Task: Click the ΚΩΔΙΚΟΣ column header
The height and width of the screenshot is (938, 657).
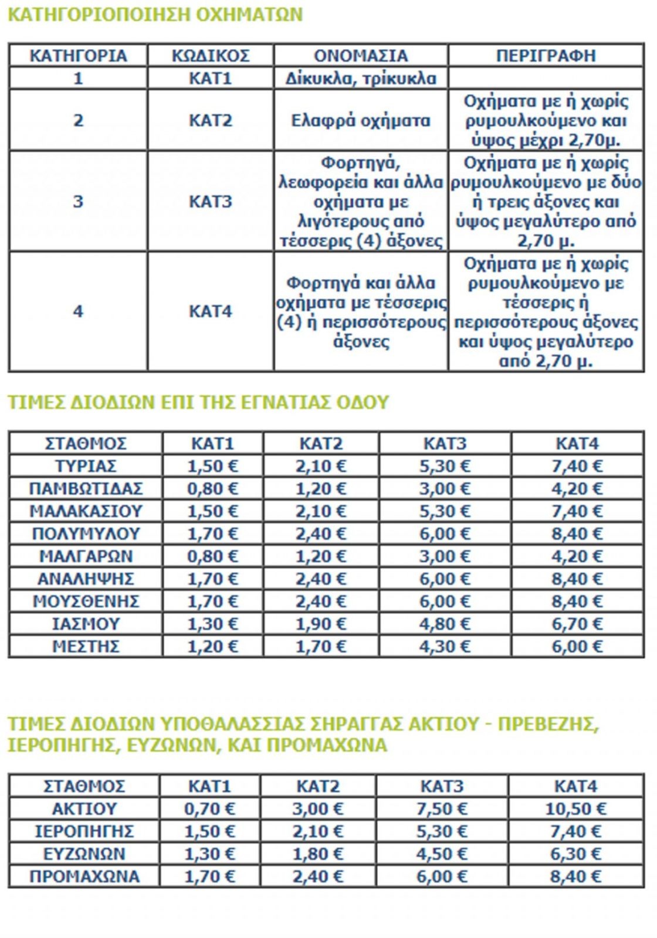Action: coord(211,56)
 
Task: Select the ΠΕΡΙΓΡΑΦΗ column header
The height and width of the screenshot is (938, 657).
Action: coord(546,56)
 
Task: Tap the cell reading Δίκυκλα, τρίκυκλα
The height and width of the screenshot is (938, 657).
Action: coord(361,79)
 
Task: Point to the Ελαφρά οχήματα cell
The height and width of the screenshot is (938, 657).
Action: coord(361,121)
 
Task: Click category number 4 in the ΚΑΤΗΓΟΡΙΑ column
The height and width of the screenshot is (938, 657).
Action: coord(78,311)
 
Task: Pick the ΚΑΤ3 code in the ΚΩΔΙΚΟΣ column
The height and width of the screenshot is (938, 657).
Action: coord(211,202)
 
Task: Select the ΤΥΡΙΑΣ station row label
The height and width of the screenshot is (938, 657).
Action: coord(86,466)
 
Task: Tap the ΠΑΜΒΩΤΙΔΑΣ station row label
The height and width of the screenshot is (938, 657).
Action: coord(86,488)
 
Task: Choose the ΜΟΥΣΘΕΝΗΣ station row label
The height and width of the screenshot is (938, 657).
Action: coord(86,601)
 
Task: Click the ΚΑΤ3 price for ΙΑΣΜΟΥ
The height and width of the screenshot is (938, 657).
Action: coord(445,624)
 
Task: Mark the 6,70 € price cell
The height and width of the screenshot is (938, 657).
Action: coord(577,624)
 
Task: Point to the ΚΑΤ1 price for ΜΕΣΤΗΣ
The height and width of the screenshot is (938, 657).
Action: coord(212,647)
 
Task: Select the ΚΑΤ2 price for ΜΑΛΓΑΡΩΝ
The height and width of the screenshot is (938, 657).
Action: coord(320,556)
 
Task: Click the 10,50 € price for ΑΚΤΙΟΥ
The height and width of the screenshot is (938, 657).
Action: coord(575,809)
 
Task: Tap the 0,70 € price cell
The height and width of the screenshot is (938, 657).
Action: coord(209,809)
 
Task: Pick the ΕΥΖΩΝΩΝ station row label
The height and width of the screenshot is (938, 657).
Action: coord(84,854)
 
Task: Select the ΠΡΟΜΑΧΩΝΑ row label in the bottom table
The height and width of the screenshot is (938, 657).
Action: coord(84,876)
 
